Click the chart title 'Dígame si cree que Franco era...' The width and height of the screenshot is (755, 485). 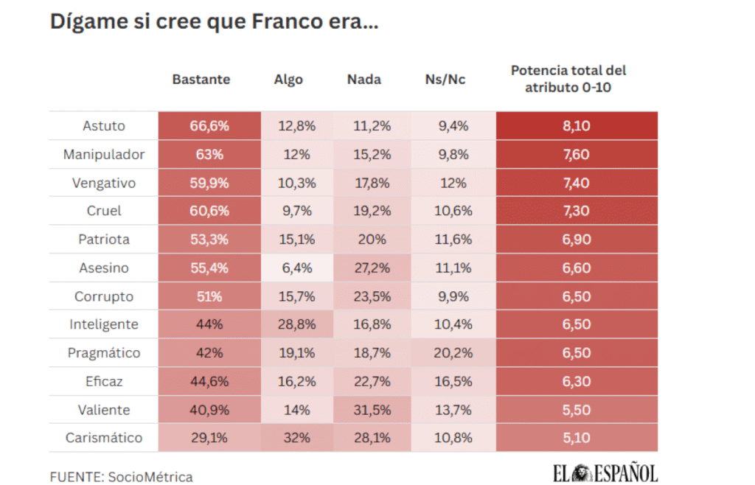coord(214,21)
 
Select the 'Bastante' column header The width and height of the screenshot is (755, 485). coord(201,80)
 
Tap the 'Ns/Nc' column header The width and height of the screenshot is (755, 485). coord(445,80)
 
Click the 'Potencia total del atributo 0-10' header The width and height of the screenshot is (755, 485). coord(568,79)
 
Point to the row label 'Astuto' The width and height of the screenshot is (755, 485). coord(104,126)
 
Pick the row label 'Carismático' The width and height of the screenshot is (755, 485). coord(104,438)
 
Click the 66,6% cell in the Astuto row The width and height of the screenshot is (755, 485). coord(209,126)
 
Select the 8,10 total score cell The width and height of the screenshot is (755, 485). coord(576,126)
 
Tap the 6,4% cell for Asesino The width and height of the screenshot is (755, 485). coord(296,268)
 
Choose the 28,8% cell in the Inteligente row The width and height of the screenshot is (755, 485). coord(296,324)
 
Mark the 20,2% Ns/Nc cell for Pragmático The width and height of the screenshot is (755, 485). coord(453,353)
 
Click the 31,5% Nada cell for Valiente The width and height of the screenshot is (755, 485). coord(371,410)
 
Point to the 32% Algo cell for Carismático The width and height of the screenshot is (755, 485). coord(296,438)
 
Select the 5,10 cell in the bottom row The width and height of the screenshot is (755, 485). coord(576,438)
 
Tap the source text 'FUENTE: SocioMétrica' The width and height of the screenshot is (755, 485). coord(121,477)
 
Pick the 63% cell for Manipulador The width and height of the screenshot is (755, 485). coord(209,155)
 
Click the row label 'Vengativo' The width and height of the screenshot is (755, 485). coord(104,183)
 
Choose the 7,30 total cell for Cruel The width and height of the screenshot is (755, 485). coord(576,211)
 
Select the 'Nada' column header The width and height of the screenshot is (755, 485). coord(364,80)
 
